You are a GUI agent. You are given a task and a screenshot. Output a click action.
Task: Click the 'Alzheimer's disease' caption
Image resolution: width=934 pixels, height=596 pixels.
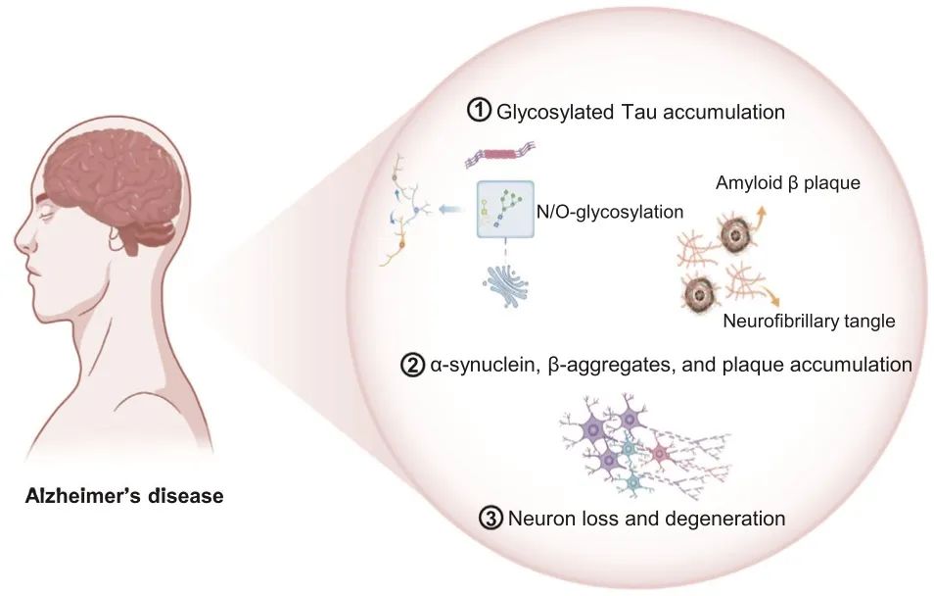coord(124,496)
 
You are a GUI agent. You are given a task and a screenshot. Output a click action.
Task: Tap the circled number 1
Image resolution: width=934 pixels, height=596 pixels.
coord(480,111)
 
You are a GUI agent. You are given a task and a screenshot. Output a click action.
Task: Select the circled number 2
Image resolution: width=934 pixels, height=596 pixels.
coord(412,365)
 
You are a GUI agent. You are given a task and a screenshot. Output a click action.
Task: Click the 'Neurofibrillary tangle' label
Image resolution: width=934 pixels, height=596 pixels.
coord(809,320)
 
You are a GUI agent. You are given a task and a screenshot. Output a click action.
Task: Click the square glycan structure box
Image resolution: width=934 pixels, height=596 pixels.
coord(505,210)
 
